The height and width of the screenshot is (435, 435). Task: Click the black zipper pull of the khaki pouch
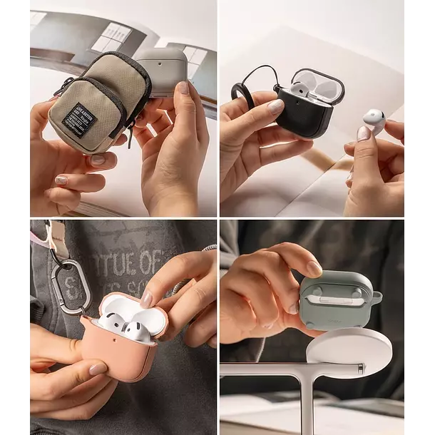pos(130,135)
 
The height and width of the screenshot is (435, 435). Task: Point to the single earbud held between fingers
pos(374,119)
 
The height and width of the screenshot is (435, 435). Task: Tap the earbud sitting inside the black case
pos(300,91)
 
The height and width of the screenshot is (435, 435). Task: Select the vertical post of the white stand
pos(307,403)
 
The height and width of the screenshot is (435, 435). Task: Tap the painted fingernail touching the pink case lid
pos(145,299)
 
